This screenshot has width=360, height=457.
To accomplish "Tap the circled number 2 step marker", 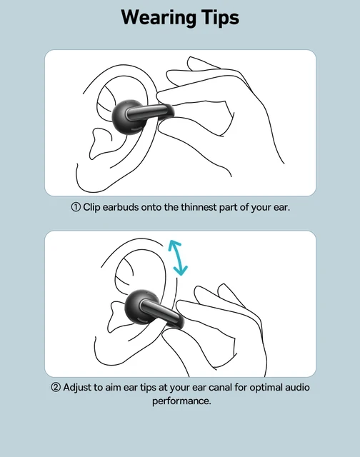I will (x=56, y=387).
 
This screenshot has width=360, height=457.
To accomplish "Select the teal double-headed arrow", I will (x=178, y=258).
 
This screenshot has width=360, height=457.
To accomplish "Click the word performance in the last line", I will (x=180, y=401).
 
